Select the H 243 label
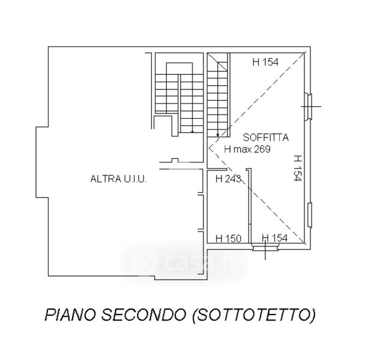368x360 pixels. coord(228,179)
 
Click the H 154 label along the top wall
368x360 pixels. coord(265,62)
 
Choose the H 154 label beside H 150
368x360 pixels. coord(275,238)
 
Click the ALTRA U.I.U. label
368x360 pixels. coord(119,179)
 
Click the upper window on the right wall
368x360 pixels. coord(309,107)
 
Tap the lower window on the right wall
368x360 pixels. coord(310,215)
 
